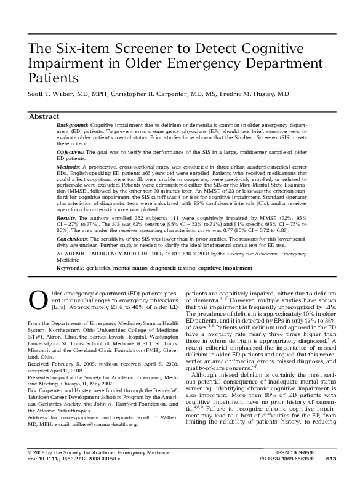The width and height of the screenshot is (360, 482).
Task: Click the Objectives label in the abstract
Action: click(x=72, y=151)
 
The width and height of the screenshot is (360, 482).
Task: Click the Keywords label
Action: click(x=70, y=268)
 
